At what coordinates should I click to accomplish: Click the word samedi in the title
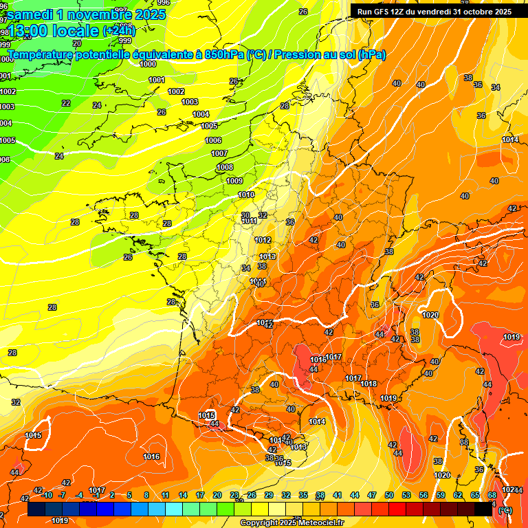click(29, 14)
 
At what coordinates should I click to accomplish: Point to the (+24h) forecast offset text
click(118, 31)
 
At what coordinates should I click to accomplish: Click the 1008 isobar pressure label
click(225, 167)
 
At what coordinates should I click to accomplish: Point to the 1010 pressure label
click(246, 195)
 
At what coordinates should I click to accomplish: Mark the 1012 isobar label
click(262, 240)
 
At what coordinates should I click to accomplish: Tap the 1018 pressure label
click(369, 384)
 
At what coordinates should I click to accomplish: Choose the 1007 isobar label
click(219, 153)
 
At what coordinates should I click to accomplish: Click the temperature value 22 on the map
click(66, 103)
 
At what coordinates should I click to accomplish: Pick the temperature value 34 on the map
click(246, 268)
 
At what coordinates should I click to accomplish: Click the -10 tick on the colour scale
click(47, 495)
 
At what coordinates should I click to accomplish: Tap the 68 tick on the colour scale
click(492, 495)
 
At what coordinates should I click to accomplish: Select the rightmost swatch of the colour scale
click(484, 509)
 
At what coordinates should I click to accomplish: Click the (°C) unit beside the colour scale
click(505, 510)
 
